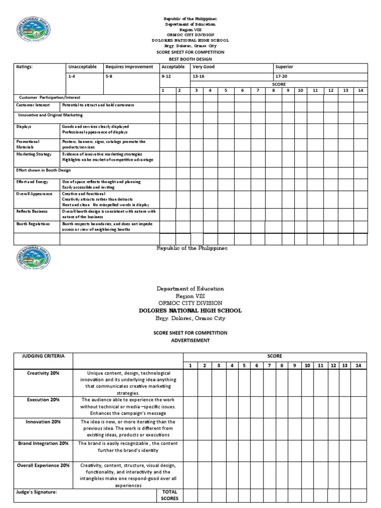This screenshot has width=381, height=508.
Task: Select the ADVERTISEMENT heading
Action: pyautogui.click(x=191, y=340)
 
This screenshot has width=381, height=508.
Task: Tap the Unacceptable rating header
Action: pyautogui.click(x=82, y=66)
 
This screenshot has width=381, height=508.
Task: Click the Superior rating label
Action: pyautogui.click(x=284, y=66)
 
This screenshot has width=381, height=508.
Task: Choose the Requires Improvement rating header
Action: pyautogui.click(x=129, y=66)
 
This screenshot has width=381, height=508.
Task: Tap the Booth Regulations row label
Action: pyautogui.click(x=33, y=224)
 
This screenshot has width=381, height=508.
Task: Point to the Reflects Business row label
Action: pyautogui.click(x=32, y=211)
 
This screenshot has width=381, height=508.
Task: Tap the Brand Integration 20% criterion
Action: pyautogui.click(x=43, y=443)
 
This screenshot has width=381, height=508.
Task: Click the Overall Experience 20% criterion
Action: pyautogui.click(x=44, y=465)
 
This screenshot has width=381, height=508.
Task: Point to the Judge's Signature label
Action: pyautogui.click(x=36, y=492)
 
